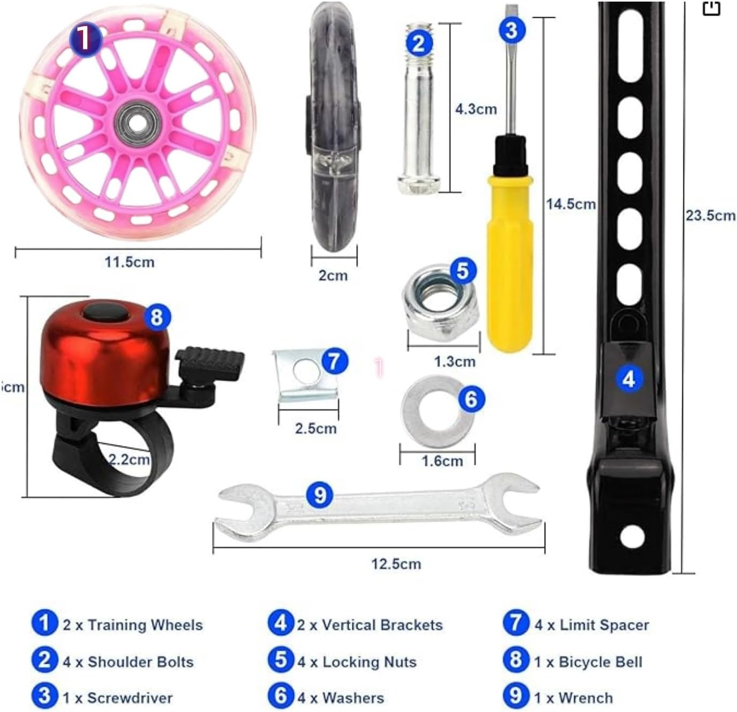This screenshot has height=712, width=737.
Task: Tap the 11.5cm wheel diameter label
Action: (130, 262)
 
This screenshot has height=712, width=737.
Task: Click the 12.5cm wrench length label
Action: (396, 564)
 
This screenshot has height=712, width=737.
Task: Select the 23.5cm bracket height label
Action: (710, 216)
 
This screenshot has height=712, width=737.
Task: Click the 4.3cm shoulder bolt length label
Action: (476, 109)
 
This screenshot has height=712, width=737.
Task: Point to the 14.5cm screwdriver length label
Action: (570, 204)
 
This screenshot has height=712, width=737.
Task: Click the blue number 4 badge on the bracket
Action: (629, 379)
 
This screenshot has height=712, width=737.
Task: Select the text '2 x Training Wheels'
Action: (132, 625)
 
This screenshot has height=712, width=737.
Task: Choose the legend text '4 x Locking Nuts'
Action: (357, 662)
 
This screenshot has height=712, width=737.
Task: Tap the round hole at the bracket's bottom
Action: (631, 536)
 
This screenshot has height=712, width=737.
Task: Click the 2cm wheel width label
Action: (333, 276)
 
